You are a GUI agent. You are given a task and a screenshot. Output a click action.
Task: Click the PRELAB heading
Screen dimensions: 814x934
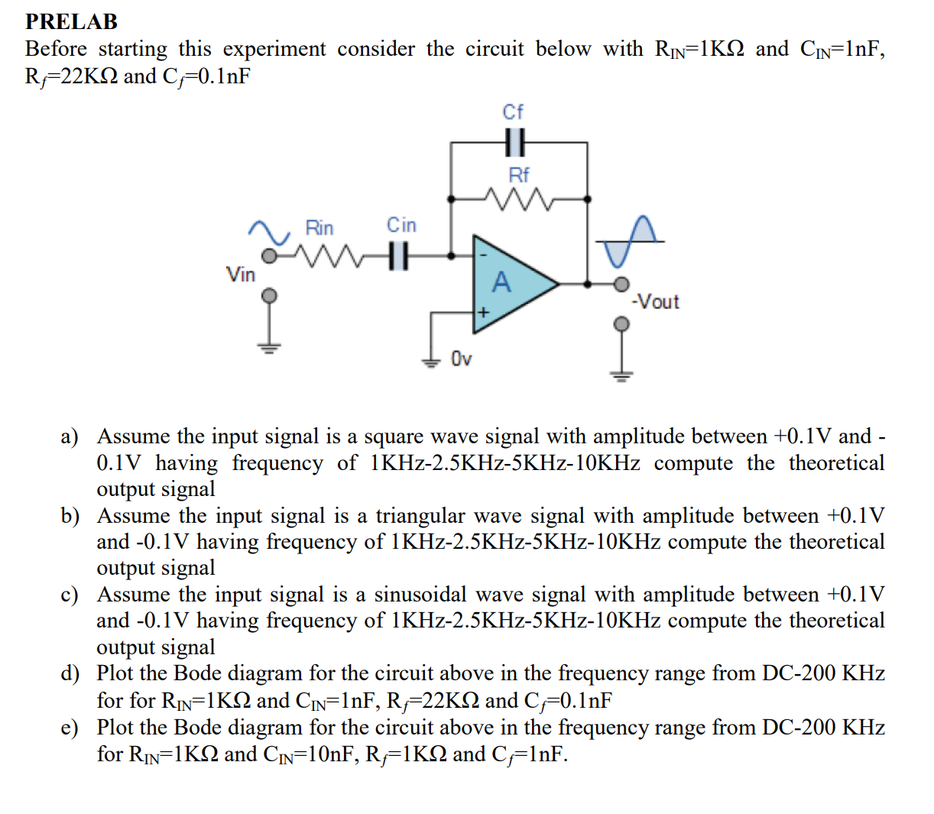tap(71, 21)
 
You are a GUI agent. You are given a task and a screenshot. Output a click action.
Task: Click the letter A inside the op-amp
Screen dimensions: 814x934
tap(501, 283)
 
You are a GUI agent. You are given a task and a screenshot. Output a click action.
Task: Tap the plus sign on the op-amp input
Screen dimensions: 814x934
tap(482, 313)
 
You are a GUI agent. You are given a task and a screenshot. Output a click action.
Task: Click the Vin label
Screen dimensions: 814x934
tap(241, 274)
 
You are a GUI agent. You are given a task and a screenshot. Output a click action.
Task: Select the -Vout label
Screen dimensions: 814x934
tap(656, 302)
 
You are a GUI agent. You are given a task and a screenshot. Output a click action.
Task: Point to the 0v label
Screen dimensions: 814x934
tap(462, 358)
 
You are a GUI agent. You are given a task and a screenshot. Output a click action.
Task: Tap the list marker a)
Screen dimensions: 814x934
tap(70, 437)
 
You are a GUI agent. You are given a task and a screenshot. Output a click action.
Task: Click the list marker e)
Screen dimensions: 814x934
tap(70, 728)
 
